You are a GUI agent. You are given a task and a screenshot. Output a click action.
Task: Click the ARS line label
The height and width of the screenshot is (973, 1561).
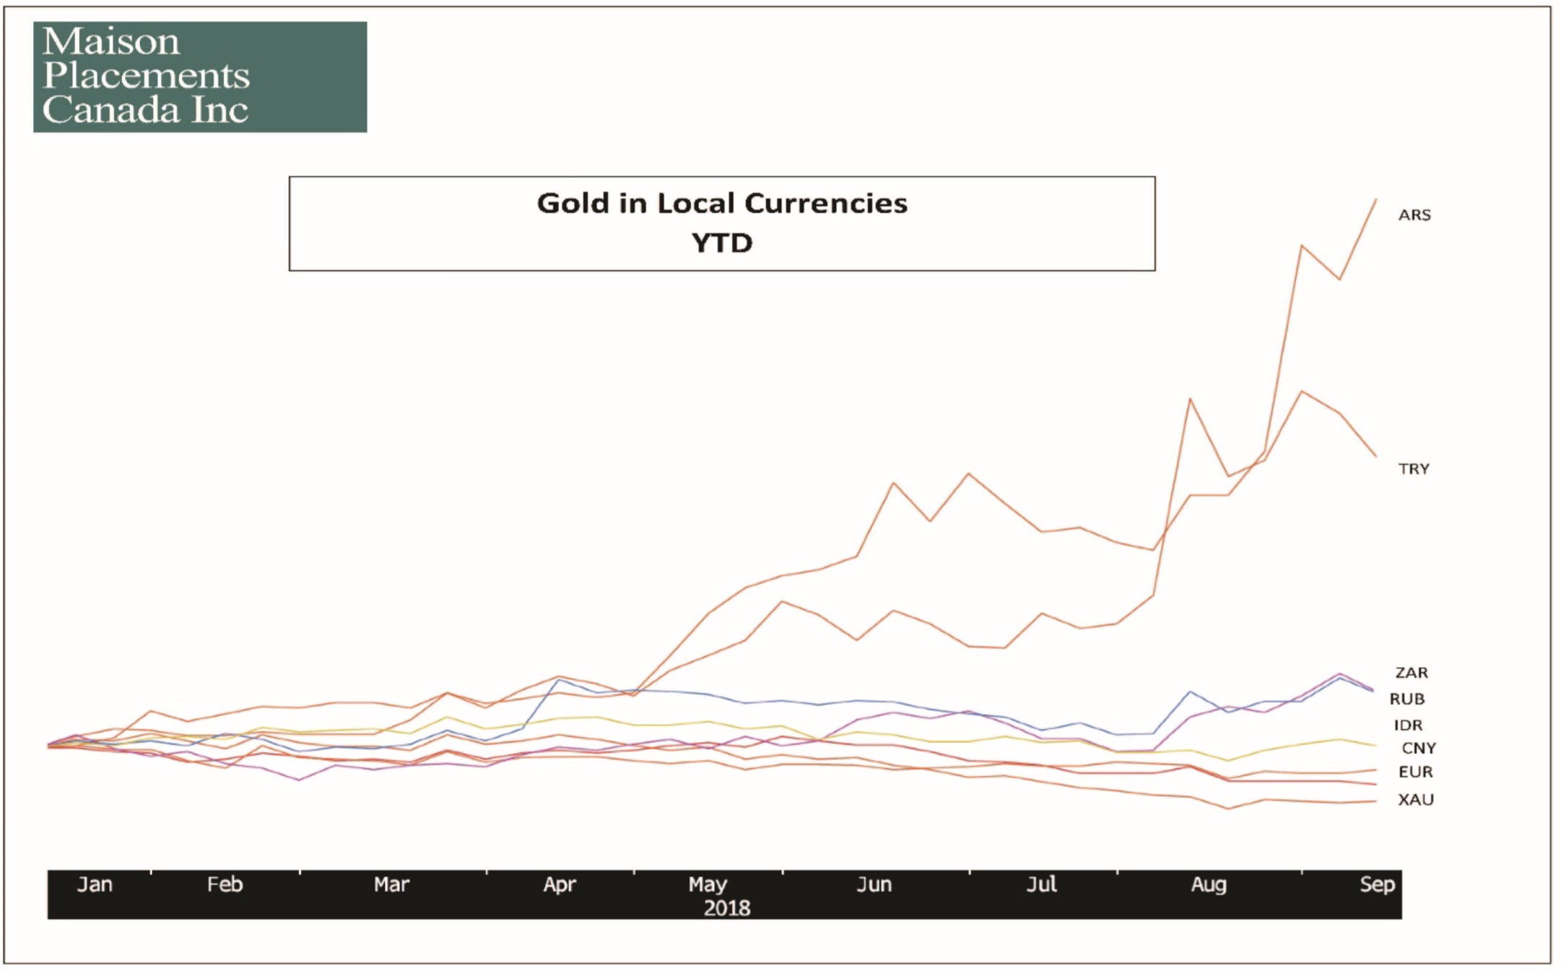point(1414,215)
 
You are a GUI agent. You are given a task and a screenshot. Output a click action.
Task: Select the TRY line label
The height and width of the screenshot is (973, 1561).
point(1413,469)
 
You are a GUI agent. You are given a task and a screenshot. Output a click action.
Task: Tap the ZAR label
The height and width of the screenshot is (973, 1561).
point(1411,673)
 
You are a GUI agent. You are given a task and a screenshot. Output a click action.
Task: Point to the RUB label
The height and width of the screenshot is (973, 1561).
point(1406,699)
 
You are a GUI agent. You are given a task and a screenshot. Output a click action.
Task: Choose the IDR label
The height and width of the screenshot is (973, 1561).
point(1407,725)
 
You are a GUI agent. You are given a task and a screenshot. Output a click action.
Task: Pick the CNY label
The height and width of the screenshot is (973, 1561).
point(1418,749)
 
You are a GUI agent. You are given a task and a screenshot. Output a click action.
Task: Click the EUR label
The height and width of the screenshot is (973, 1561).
point(1415,772)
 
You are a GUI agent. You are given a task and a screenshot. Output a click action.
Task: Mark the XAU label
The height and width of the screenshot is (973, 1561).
point(1415,800)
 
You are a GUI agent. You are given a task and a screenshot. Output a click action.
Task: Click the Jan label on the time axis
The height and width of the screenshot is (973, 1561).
point(95,885)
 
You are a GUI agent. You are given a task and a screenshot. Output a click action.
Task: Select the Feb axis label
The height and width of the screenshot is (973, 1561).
point(225,885)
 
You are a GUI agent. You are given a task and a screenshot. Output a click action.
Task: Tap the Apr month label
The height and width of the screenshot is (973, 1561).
point(560,885)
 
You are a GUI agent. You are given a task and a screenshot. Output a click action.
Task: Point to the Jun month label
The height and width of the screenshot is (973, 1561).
point(874,885)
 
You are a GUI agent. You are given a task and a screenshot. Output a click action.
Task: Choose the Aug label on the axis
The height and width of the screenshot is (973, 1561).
point(1208,885)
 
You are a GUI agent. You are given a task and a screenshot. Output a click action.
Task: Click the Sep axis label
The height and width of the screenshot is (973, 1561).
point(1377,885)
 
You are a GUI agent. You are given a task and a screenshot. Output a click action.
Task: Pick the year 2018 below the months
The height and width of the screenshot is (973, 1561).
point(726,908)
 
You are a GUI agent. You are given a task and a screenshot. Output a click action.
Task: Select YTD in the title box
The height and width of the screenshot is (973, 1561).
point(721,243)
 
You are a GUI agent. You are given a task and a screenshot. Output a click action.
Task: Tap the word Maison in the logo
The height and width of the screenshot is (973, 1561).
point(111,42)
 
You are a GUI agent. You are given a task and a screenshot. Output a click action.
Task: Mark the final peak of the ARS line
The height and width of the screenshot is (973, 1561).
point(1375,199)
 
